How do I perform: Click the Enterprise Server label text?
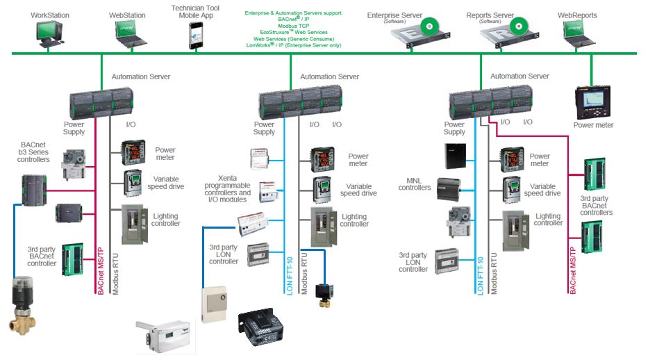tap(395, 15)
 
